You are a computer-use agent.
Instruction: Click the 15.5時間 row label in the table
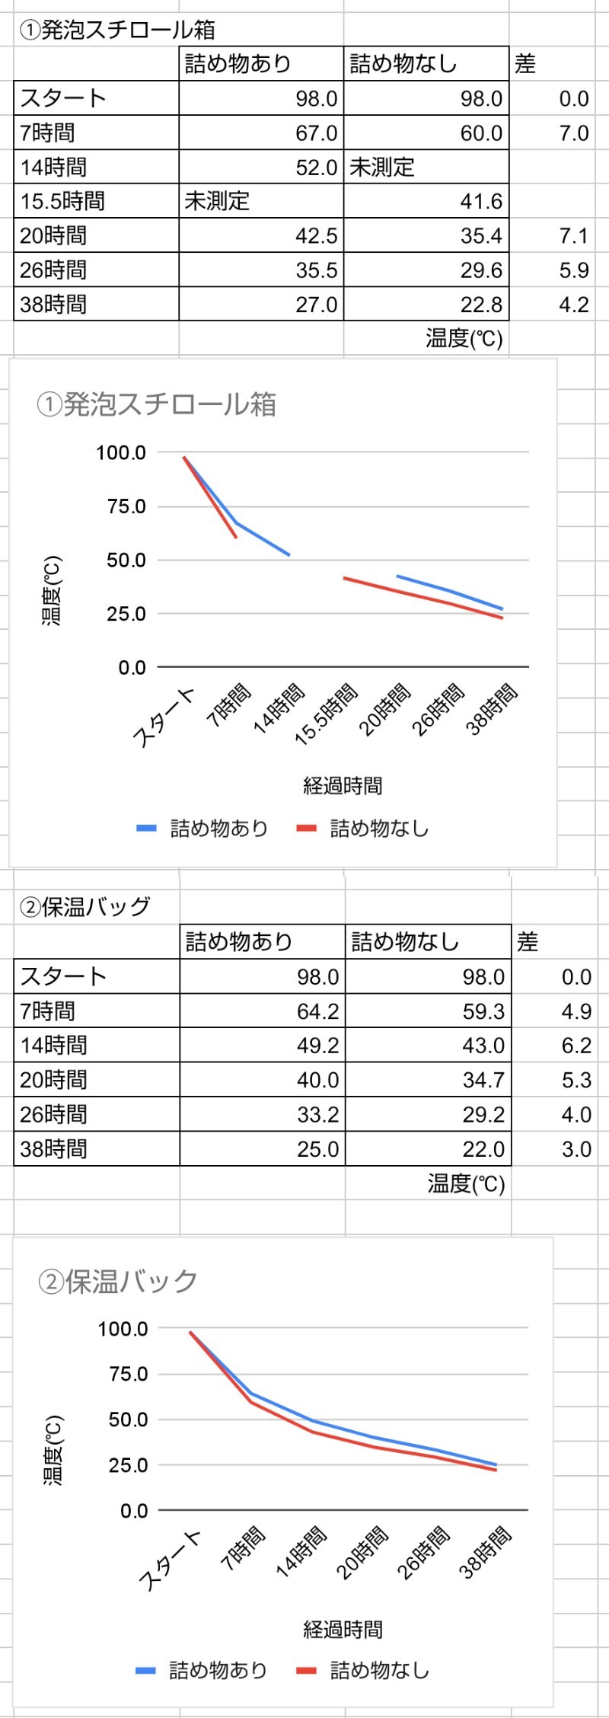[62, 201]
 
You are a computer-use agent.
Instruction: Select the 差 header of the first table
[525, 64]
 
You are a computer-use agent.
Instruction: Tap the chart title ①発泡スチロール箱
[156, 404]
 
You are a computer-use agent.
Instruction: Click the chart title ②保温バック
[118, 1281]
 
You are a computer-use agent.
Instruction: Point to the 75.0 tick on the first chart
[126, 506]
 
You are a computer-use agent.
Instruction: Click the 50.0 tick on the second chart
[128, 1419]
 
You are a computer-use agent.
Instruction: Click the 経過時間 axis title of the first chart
[343, 785]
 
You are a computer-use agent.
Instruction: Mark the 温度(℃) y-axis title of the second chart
[53, 1450]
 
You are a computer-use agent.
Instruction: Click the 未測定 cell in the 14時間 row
[382, 168]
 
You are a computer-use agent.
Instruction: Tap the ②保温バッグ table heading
[84, 906]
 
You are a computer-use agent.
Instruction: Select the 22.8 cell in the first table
[480, 305]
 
